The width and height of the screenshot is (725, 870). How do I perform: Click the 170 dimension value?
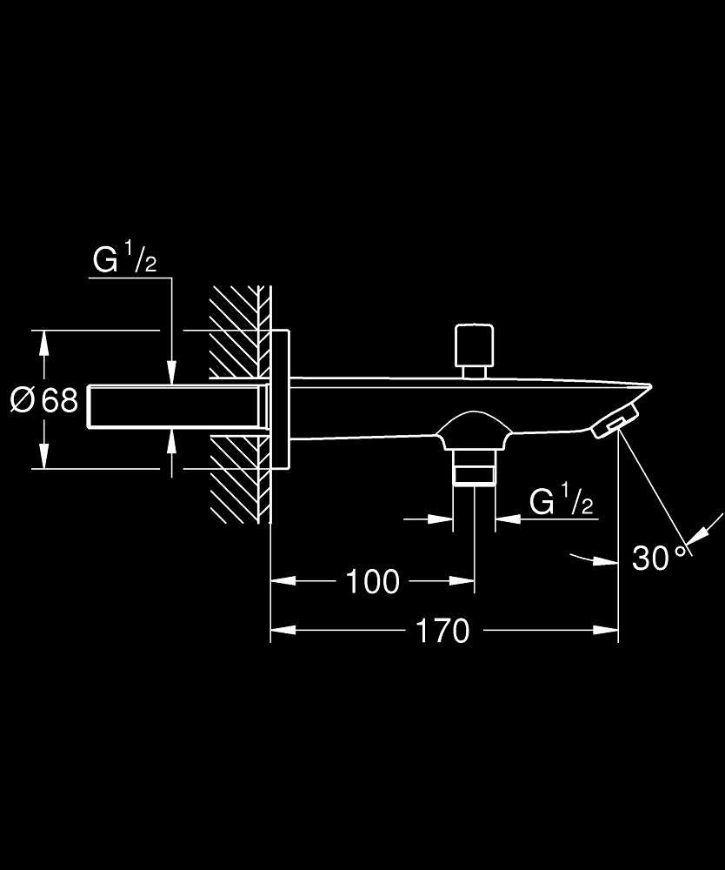click(x=442, y=631)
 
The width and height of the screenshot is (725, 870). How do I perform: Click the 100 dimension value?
click(x=372, y=581)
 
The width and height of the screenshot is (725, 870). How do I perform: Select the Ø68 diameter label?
click(x=44, y=400)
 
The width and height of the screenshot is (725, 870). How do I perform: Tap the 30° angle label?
click(x=659, y=559)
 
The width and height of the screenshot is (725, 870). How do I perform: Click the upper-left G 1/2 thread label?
click(x=124, y=260)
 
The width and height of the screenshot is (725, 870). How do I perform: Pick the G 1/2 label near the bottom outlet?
click(x=562, y=502)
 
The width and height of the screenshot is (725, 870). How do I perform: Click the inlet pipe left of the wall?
click(x=174, y=407)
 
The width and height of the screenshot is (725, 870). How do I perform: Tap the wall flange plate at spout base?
click(x=279, y=401)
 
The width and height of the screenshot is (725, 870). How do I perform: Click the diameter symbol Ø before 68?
click(x=23, y=400)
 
